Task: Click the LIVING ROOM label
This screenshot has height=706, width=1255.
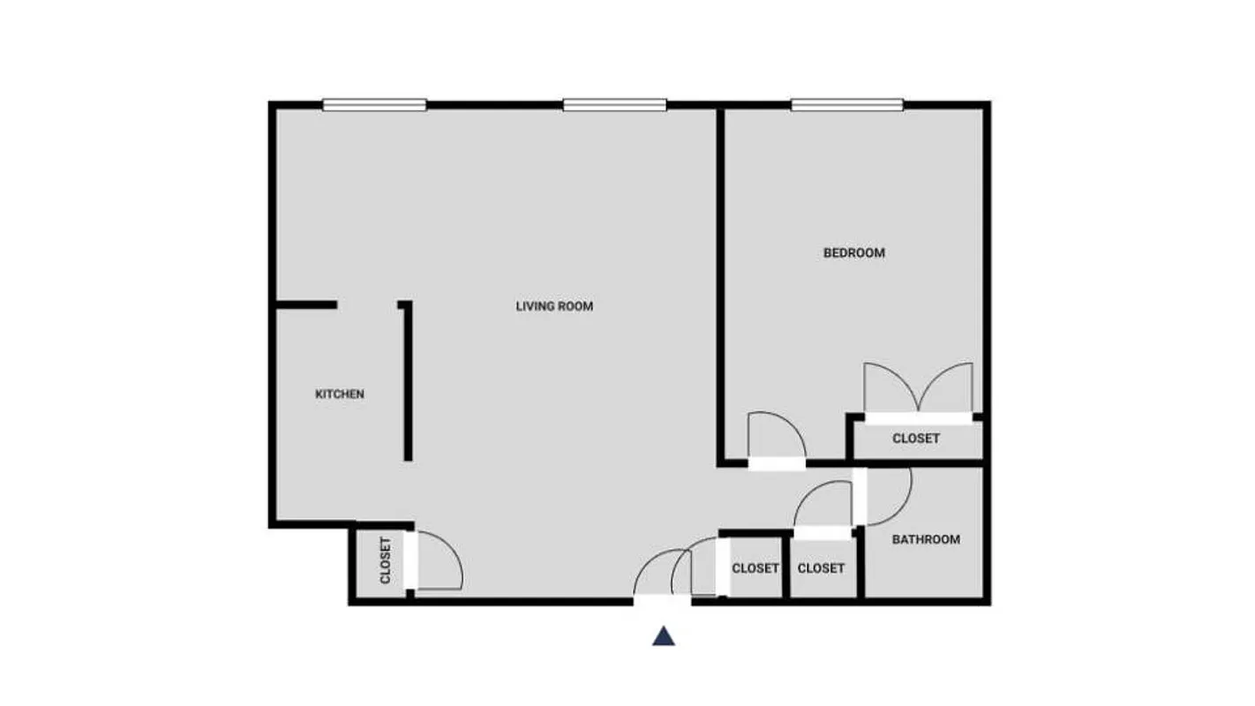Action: [x=554, y=306]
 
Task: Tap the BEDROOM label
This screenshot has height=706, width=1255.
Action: [x=853, y=253]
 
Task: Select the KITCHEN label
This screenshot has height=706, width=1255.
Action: [x=340, y=394]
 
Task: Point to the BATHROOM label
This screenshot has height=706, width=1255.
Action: [x=926, y=539]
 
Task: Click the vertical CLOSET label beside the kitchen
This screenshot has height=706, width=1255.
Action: [x=386, y=561]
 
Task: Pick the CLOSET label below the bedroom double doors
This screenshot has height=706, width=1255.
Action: [x=915, y=439]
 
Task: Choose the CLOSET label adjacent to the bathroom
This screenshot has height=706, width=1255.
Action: [x=821, y=568]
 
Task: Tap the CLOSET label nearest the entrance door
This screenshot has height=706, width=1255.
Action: [x=755, y=568]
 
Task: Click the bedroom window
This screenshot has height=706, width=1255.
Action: [x=846, y=105]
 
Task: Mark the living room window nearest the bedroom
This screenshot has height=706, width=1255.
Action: [x=614, y=105]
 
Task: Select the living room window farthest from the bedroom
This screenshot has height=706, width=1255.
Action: [x=374, y=105]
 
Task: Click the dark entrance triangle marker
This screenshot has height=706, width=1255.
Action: [x=664, y=636]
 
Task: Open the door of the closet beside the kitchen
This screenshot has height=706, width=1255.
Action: [x=436, y=563]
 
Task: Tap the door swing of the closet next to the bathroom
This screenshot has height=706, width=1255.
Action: [x=823, y=509]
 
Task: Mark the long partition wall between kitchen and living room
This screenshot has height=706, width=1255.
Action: [x=408, y=382]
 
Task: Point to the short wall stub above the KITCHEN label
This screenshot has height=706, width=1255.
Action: [x=306, y=305]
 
